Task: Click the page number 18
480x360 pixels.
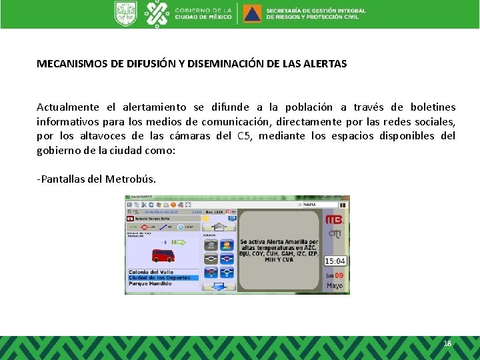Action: coord(447,343)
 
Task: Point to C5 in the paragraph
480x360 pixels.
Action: coord(244,136)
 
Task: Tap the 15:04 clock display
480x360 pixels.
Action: coord(335,261)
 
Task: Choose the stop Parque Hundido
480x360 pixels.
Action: coord(150,284)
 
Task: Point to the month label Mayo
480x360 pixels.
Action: coord(335,286)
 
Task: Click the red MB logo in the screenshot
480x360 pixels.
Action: coord(333,220)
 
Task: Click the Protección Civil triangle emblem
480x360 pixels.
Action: coord(252,13)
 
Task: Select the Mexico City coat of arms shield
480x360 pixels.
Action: coord(125,13)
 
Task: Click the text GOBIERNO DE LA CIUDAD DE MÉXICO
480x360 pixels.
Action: coord(203,13)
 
